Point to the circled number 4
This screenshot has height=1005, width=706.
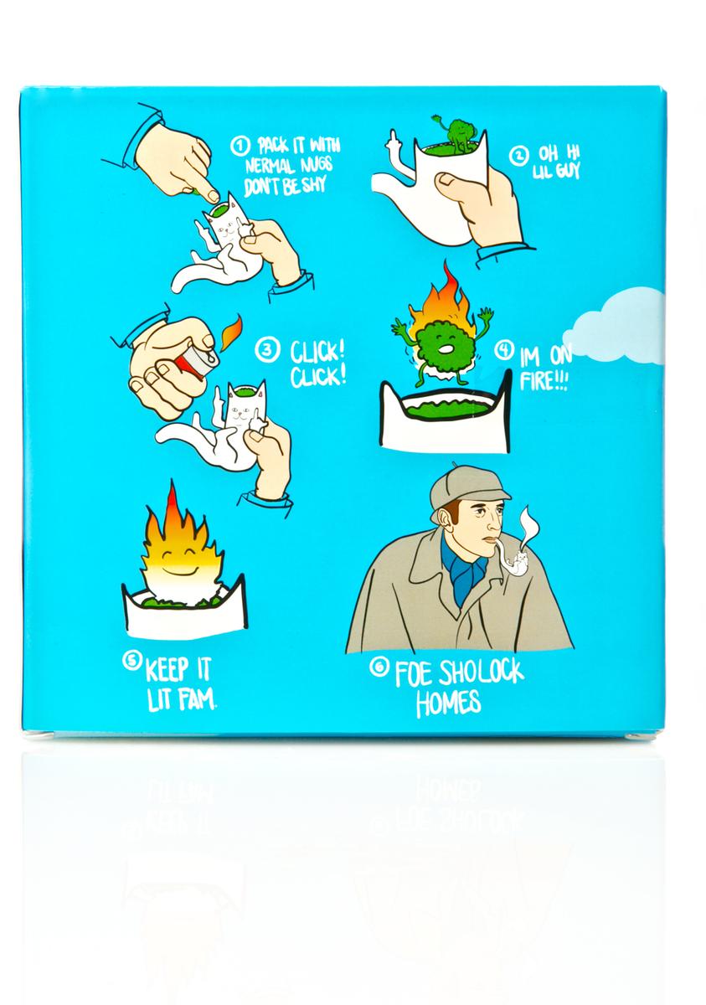click(503, 350)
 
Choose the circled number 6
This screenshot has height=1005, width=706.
click(379, 667)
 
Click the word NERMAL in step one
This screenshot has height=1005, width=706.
click(269, 167)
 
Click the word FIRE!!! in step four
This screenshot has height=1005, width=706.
click(544, 380)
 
